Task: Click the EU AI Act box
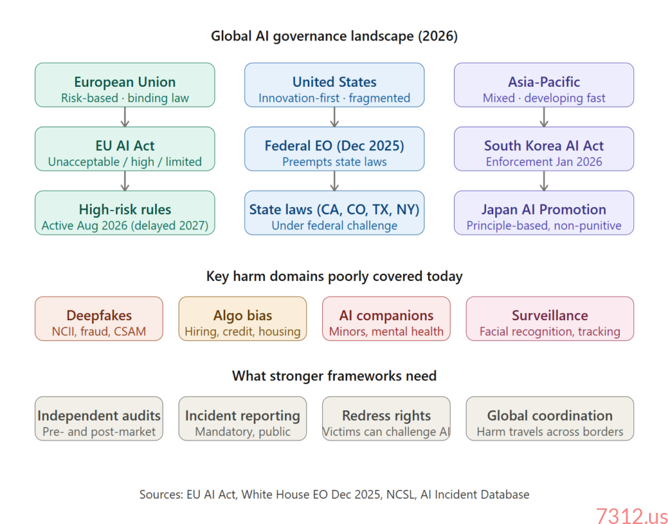point(125,149)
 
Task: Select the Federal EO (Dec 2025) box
point(334,149)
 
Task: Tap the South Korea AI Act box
point(543,149)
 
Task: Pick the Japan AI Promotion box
point(543,213)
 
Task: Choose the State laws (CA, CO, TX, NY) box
point(334,213)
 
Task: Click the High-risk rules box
point(125,213)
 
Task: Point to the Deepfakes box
point(99,319)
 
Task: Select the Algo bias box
point(242,319)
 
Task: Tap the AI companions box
point(386,319)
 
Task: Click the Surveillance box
point(549,319)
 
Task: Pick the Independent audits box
point(99,419)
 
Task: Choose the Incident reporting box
point(242,419)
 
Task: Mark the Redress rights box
point(386,419)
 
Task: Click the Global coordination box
point(549,419)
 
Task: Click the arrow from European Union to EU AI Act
point(125,117)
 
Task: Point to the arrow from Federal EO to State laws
point(334,181)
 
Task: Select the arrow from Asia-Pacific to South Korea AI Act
point(543,117)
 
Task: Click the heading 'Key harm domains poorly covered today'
point(334,276)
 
